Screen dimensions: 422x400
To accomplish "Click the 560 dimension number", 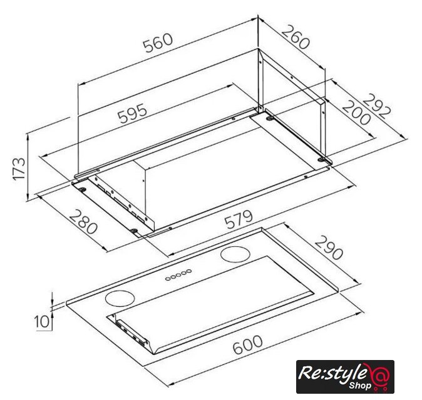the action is [x=157, y=42].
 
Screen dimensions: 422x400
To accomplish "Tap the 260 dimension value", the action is [x=296, y=37].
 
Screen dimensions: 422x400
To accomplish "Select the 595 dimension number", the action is [x=133, y=113].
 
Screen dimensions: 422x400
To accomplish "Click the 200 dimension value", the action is [x=357, y=112].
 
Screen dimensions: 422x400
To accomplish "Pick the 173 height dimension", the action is [x=19, y=169].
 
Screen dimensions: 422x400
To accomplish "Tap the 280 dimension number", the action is [x=83, y=222].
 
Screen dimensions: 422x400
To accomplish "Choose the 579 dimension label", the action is [x=239, y=219].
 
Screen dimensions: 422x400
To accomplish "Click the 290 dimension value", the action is [x=329, y=247].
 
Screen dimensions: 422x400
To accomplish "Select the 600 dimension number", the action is [x=247, y=344].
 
